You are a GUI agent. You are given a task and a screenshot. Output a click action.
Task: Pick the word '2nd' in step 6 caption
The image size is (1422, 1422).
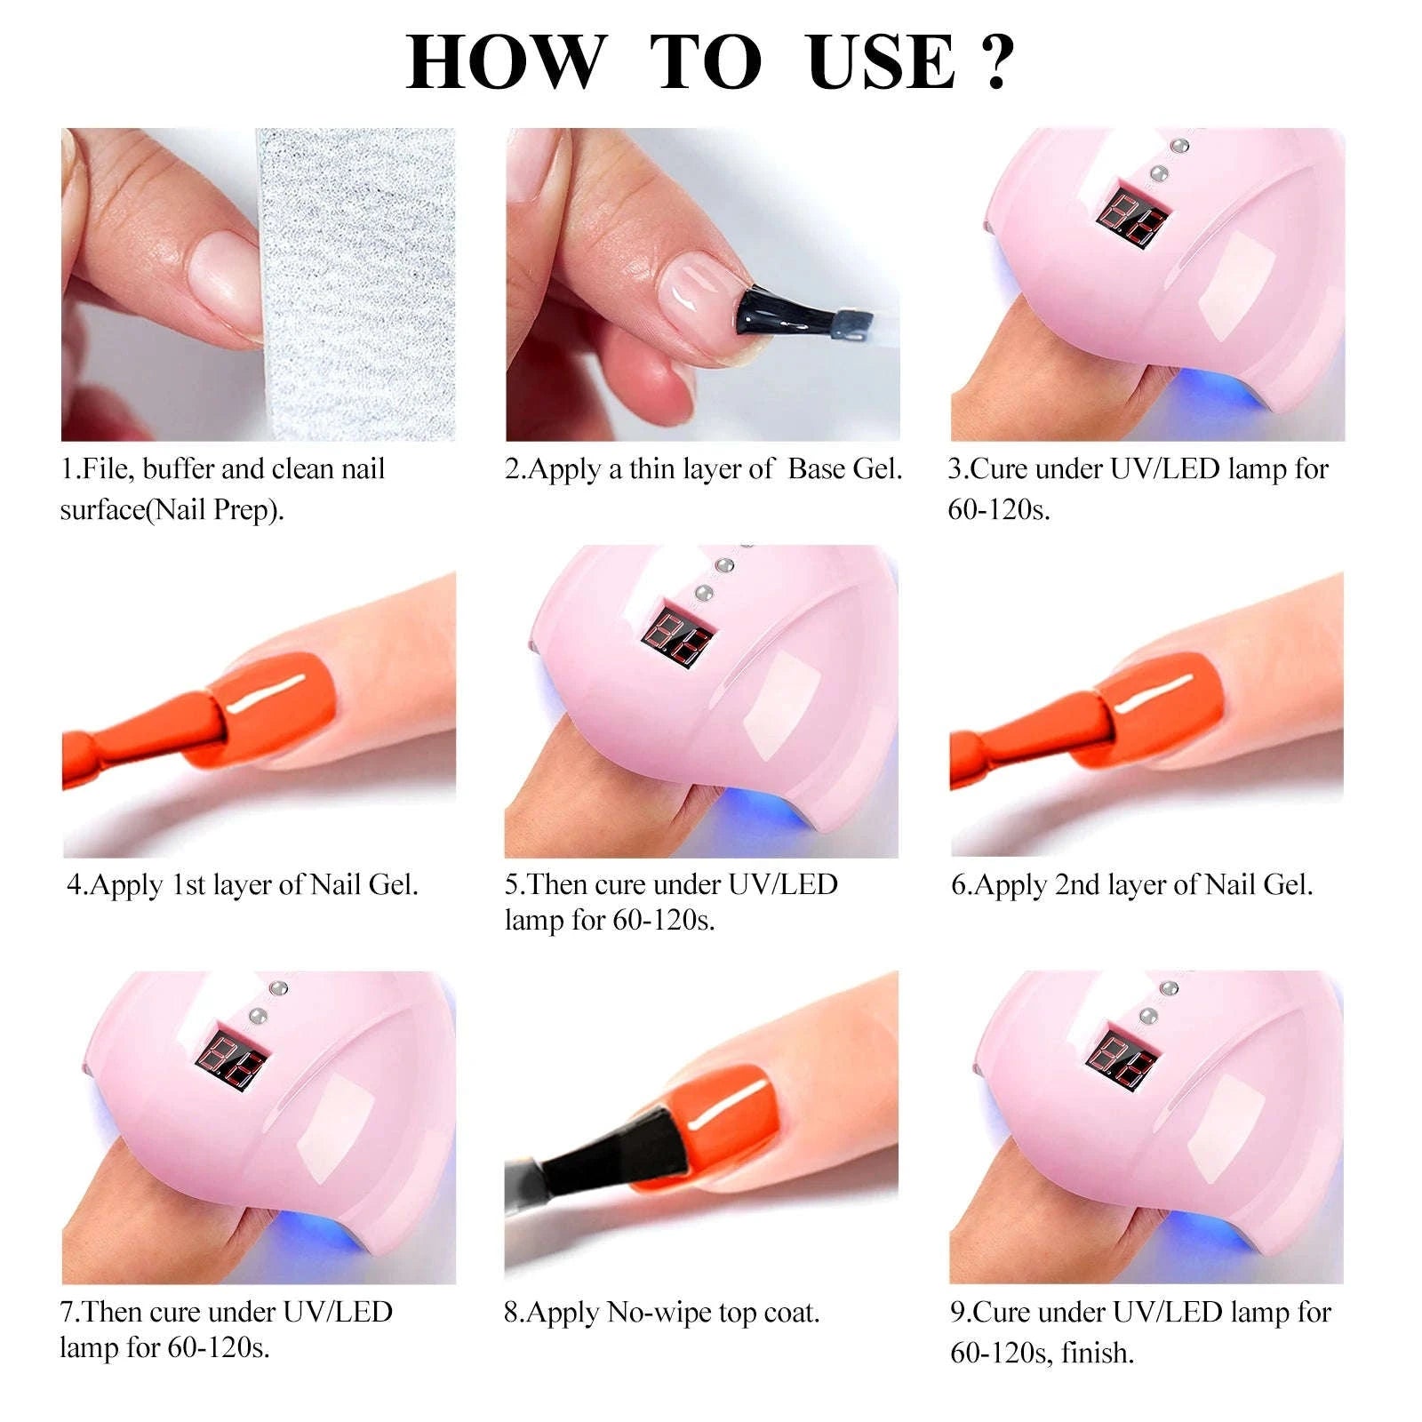pos(1076,884)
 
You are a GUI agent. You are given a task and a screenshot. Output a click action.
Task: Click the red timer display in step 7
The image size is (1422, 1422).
pos(232,1055)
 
